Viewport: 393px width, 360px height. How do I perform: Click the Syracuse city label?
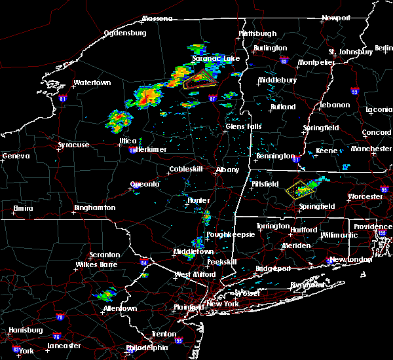point(73,145)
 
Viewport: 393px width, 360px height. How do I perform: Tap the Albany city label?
point(228,170)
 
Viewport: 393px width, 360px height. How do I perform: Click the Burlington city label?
point(271,48)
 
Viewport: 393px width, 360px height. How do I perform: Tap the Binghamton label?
point(94,207)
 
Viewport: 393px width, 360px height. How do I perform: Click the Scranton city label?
point(105,255)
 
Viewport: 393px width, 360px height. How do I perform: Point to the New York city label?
point(225,304)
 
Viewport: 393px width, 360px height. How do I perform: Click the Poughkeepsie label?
point(229,234)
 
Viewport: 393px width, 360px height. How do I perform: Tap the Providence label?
point(373,226)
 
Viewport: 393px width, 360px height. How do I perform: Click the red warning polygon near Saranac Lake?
point(198,81)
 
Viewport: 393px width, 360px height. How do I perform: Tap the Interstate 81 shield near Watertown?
point(63,99)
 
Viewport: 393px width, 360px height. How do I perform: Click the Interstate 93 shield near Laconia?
point(354,92)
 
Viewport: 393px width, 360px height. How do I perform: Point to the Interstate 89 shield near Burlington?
point(283,58)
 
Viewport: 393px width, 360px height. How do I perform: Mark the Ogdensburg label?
point(127,33)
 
